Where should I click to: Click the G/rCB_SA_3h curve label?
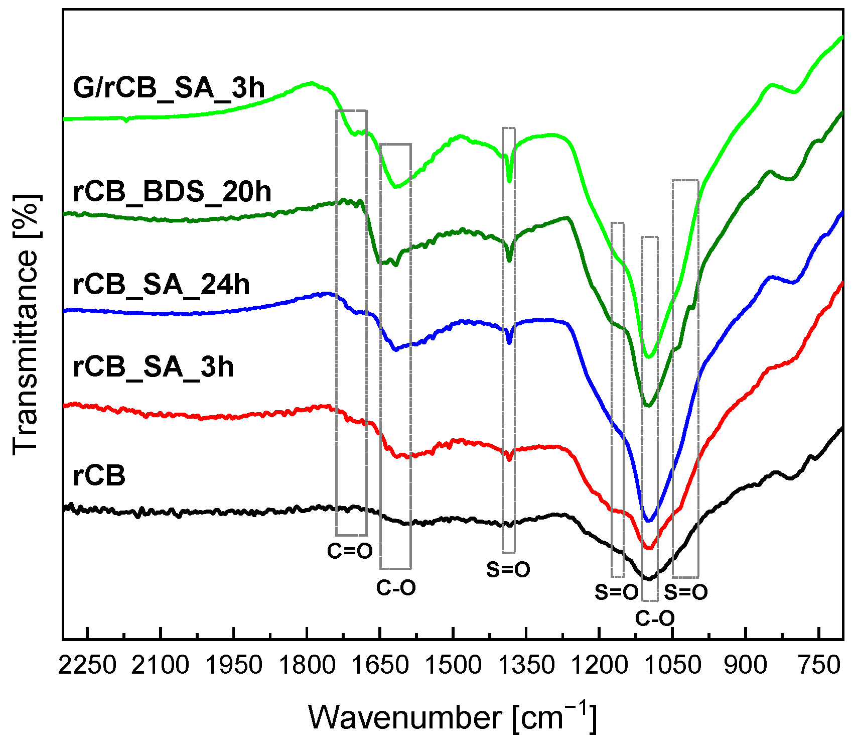click(169, 88)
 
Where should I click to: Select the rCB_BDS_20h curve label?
click(172, 192)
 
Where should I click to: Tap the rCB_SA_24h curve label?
click(161, 285)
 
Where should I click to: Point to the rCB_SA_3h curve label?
click(153, 367)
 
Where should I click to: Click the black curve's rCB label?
click(99, 475)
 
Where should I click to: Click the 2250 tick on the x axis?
click(87, 666)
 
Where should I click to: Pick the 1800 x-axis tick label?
click(307, 666)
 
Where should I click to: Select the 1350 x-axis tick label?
click(526, 666)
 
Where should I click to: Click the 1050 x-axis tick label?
click(672, 666)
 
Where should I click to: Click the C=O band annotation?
click(350, 551)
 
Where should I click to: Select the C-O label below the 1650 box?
click(396, 587)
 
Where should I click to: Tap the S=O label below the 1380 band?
click(508, 569)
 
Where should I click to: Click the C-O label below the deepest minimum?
click(655, 618)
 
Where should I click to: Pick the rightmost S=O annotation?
click(686, 592)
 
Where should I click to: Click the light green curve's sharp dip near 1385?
click(510, 181)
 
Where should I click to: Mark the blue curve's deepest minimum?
click(649, 521)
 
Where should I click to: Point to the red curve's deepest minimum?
click(649, 548)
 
